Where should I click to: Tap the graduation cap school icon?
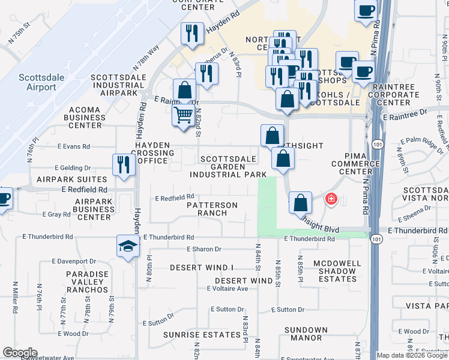128,246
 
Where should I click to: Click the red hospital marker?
330,199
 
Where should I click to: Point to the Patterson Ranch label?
212,209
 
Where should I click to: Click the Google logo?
20,353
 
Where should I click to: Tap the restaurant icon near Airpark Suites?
123,165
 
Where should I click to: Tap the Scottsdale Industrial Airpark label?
118,85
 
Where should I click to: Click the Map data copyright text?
411,355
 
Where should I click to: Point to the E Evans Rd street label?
74,146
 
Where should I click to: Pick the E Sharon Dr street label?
204,249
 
